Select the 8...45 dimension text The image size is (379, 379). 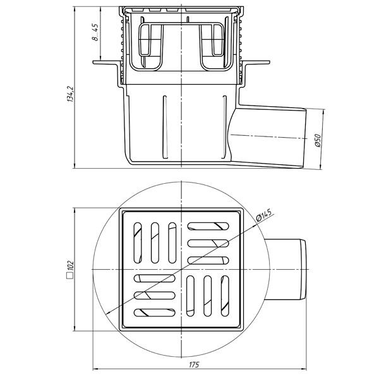click(x=95, y=32)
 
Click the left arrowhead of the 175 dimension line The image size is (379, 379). click(x=95, y=369)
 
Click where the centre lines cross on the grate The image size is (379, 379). click(x=182, y=270)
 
